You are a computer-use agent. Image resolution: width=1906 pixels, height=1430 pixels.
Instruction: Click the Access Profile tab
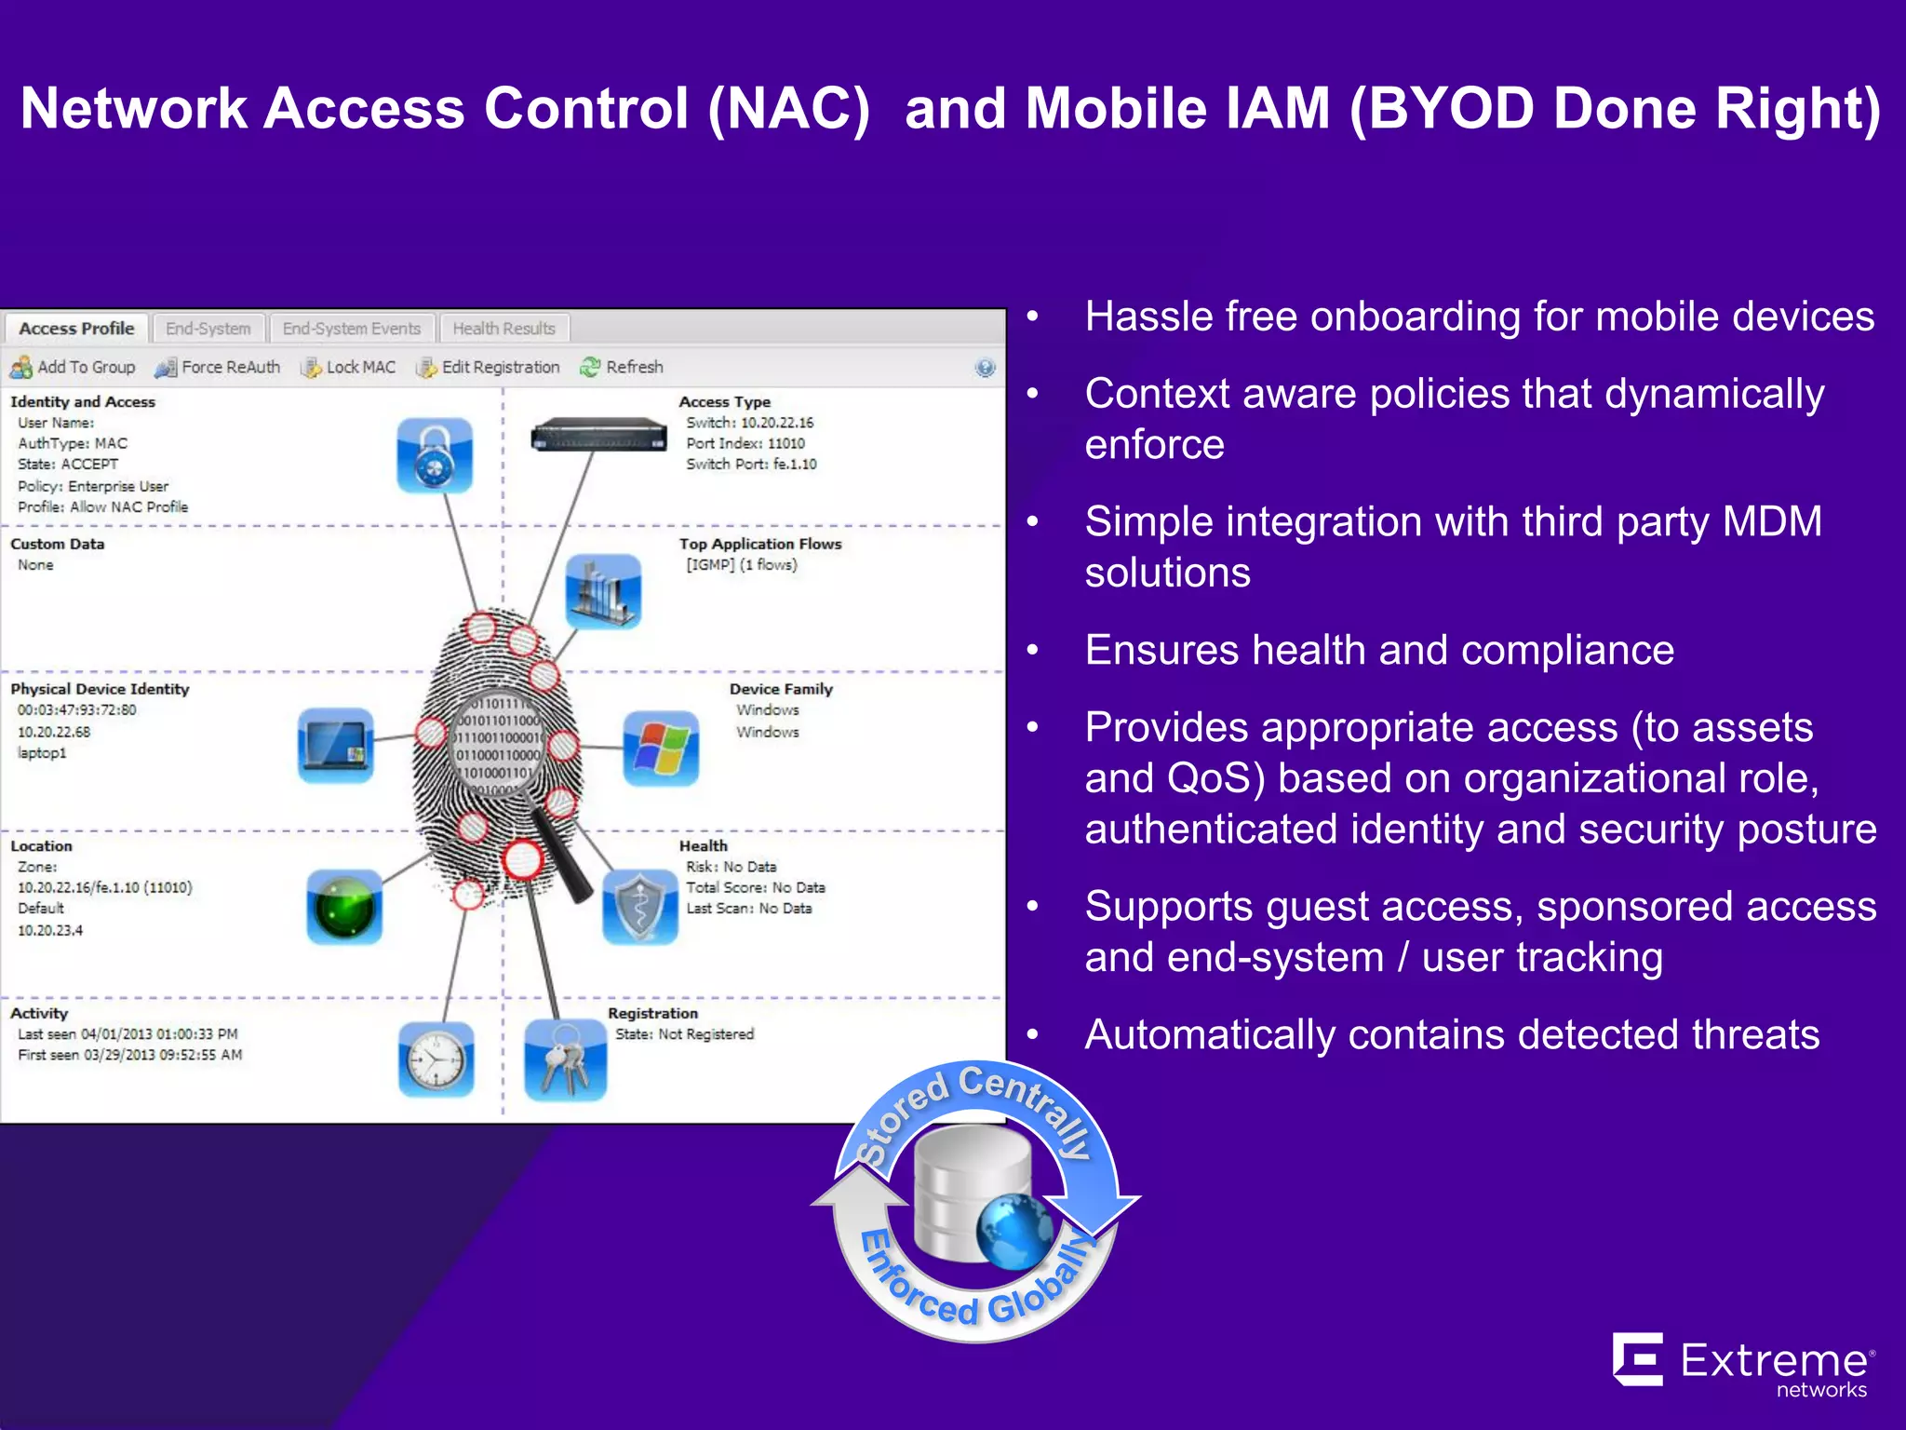tap(76, 329)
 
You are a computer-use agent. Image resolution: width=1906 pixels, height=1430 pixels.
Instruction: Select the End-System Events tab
tap(351, 329)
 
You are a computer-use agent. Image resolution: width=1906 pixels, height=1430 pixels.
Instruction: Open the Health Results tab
tap(503, 329)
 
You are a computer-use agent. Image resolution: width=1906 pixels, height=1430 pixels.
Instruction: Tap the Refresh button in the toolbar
tap(622, 367)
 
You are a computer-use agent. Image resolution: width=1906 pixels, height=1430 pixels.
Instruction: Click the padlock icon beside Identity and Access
tap(434, 455)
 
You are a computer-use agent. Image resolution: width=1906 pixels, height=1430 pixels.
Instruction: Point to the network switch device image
tap(598, 435)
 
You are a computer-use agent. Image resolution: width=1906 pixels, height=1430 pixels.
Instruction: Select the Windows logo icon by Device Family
tap(661, 749)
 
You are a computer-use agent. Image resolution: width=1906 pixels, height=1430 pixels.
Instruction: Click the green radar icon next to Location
tap(344, 908)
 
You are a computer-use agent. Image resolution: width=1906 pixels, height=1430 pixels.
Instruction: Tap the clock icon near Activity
tap(436, 1060)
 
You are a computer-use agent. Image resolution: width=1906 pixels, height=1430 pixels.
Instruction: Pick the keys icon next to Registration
tap(565, 1060)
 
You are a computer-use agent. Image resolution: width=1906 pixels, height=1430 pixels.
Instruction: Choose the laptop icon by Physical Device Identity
tap(336, 745)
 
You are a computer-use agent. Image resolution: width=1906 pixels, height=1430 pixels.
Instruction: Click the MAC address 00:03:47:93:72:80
tap(76, 710)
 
